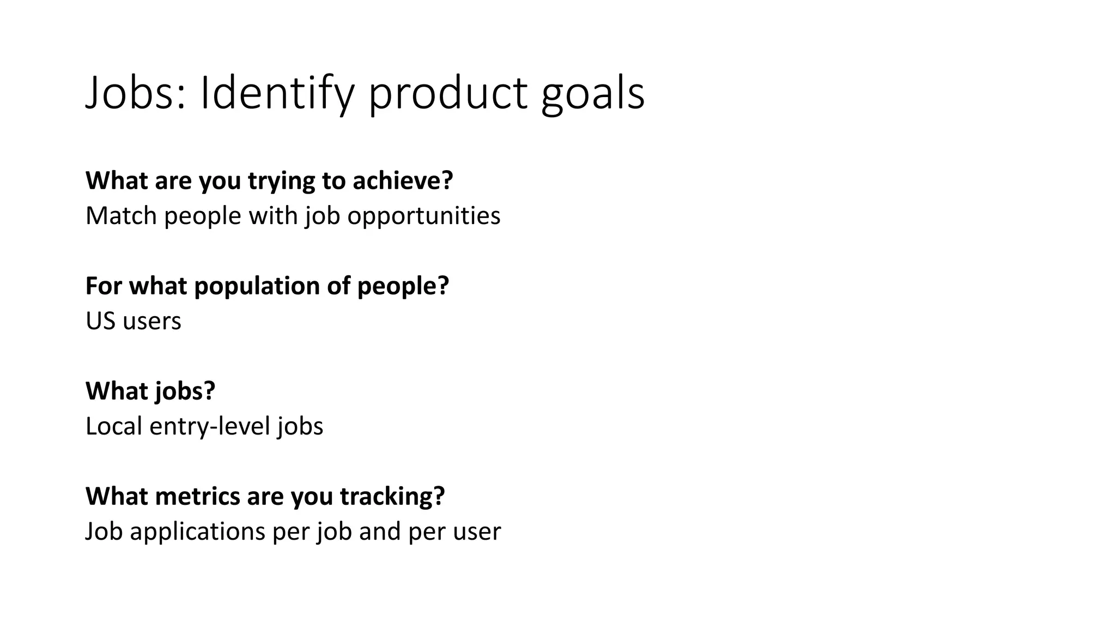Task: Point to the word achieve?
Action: click(x=403, y=180)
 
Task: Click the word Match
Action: click(x=121, y=216)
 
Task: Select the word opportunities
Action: click(x=423, y=216)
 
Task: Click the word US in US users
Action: click(x=100, y=321)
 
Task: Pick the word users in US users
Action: click(x=151, y=321)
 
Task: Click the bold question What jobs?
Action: click(x=150, y=391)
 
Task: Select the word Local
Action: click(x=114, y=426)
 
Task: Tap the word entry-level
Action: click(x=210, y=426)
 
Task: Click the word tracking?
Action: click(x=392, y=496)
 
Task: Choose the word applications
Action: click(x=197, y=531)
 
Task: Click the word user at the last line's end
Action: click(x=478, y=531)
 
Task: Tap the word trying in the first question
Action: click(x=281, y=180)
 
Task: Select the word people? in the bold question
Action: click(x=403, y=286)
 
